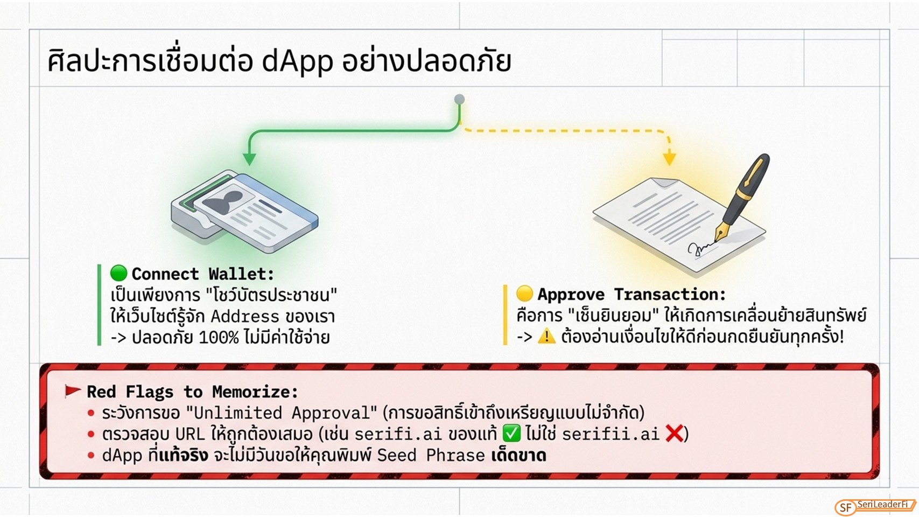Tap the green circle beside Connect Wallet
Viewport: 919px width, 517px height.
(x=118, y=273)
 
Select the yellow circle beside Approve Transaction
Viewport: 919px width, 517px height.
(x=524, y=294)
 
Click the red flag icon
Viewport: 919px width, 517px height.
(x=73, y=391)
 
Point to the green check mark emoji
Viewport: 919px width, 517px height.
(x=511, y=434)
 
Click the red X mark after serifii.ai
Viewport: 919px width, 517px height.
(x=674, y=434)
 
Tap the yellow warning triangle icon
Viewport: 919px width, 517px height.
(x=546, y=336)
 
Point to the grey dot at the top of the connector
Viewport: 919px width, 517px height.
(x=460, y=99)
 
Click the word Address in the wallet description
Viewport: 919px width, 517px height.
(x=245, y=317)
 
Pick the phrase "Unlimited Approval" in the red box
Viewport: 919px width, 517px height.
(x=281, y=413)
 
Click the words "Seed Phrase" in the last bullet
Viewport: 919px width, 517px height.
(x=431, y=456)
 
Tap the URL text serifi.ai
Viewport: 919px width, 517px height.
(x=398, y=434)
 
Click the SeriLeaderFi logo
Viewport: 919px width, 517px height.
(x=875, y=507)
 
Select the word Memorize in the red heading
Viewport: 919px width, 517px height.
(x=255, y=392)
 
